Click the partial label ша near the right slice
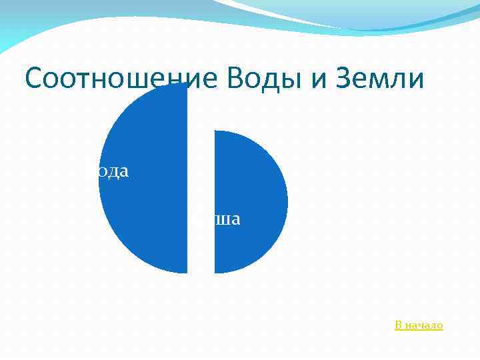coord(227,219)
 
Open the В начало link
coord(419,325)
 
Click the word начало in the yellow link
coord(425,325)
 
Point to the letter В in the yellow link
coord(399,325)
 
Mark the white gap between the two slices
coord(201,200)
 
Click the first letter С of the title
coord(35,79)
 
